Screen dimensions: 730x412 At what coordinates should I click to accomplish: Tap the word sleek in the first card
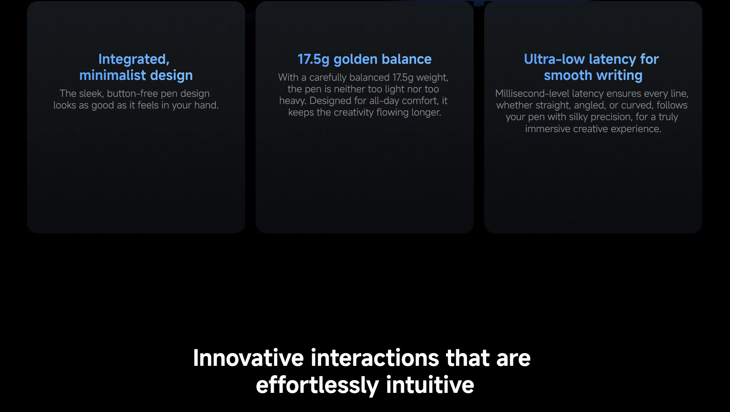coord(91,93)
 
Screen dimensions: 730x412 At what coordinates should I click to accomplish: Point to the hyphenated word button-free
coord(132,93)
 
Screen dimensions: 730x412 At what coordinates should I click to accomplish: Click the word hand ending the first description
coord(206,105)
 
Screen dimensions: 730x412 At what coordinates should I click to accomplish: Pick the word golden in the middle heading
coord(355,59)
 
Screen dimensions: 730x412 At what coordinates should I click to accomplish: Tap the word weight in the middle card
coord(432,78)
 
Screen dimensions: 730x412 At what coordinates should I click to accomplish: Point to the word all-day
coord(384,101)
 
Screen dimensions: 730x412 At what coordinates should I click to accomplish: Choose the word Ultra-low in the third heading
coord(554,59)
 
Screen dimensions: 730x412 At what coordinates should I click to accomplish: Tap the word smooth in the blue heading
coord(568,75)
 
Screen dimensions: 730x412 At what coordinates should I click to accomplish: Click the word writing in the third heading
coord(619,76)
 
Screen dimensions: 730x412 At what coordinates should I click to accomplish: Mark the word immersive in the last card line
coord(547,129)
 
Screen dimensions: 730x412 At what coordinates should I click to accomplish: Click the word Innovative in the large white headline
coord(248,358)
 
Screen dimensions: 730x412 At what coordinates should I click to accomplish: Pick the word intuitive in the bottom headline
coord(430,385)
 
